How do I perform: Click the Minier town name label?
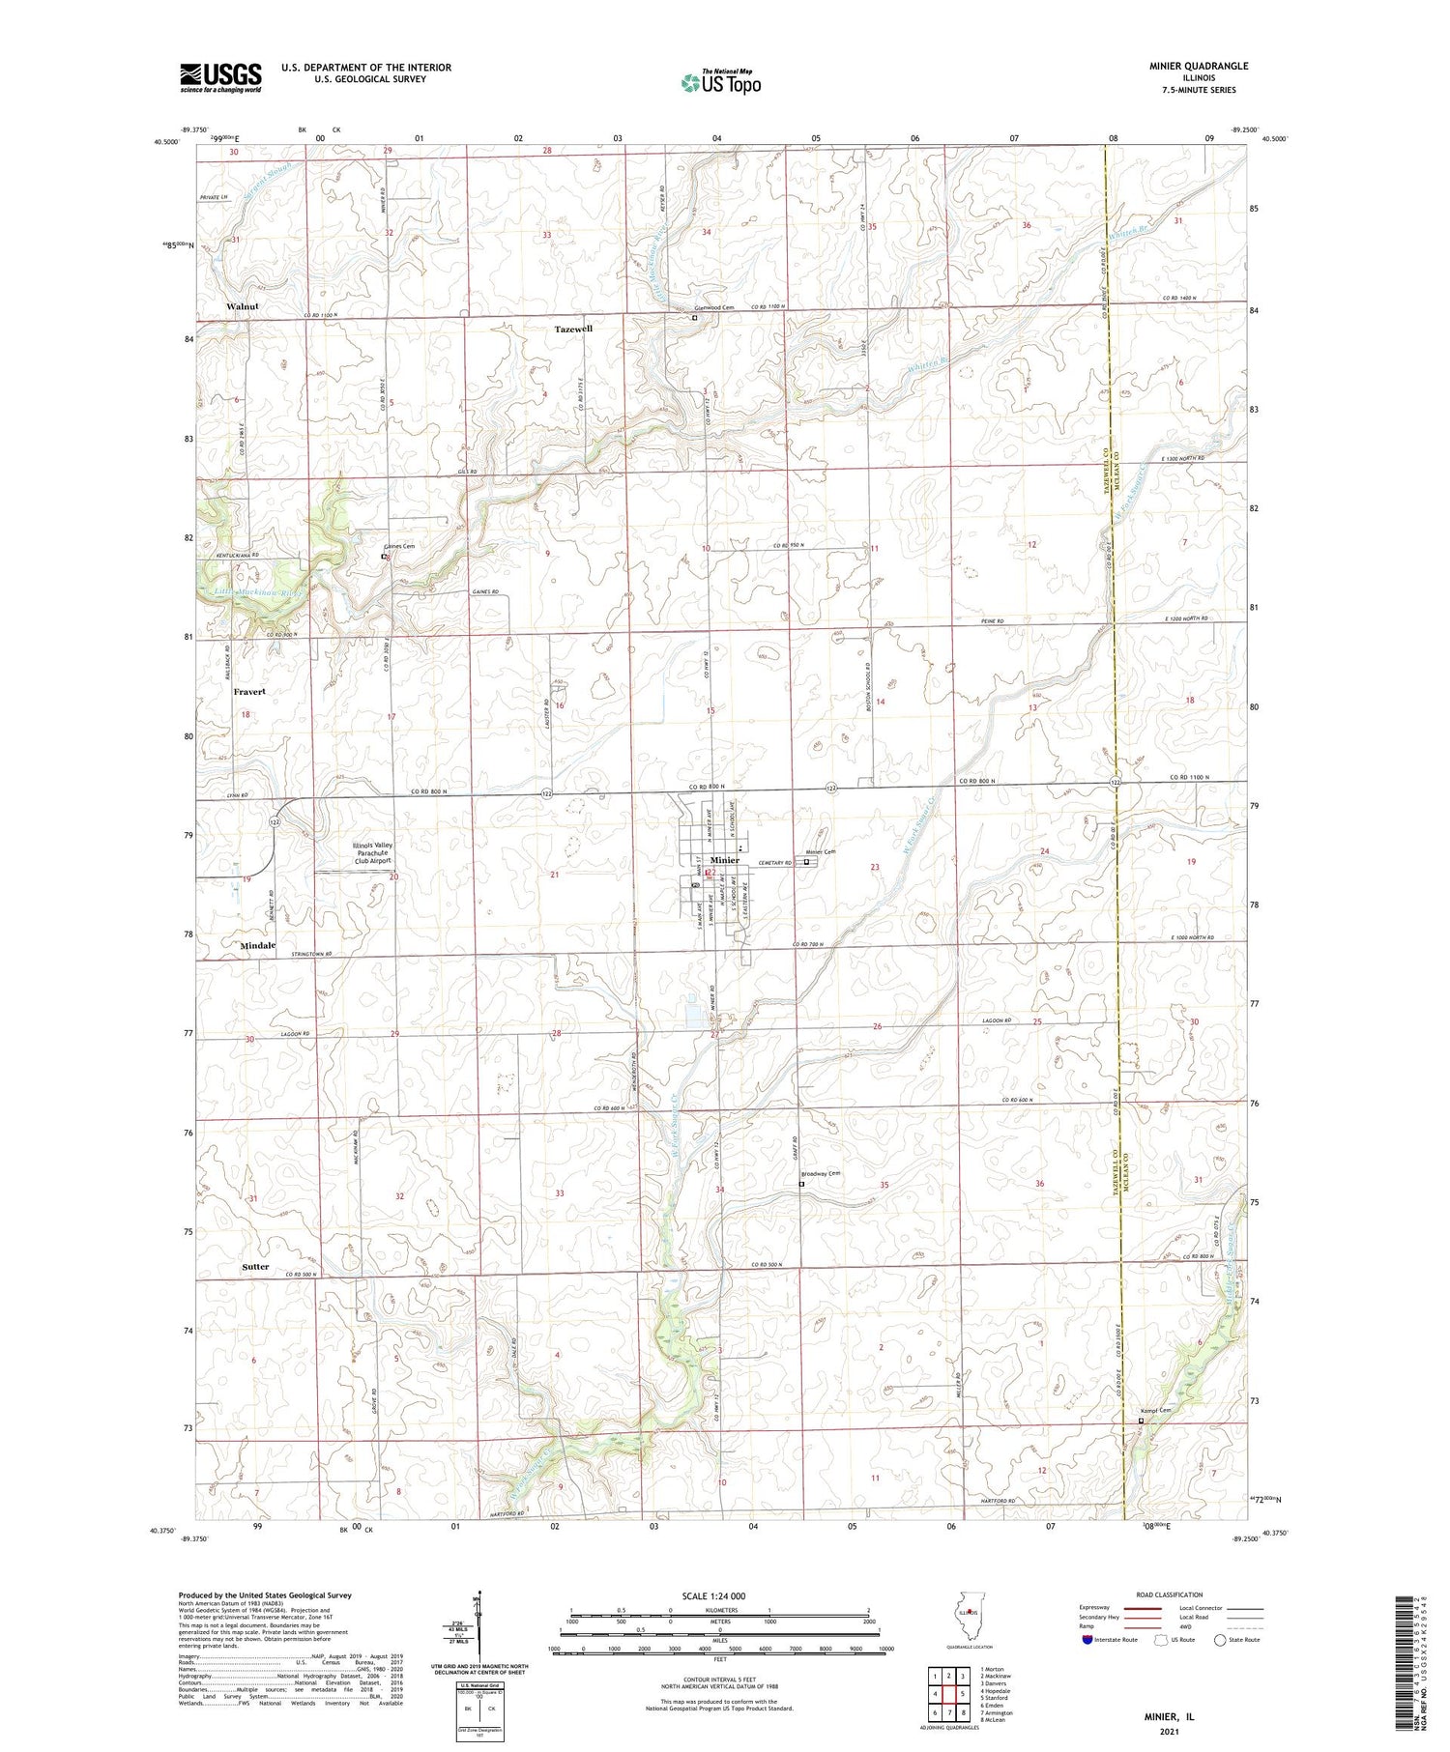coord(724,860)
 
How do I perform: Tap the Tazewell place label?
coord(573,330)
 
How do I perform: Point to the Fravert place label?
coord(248,692)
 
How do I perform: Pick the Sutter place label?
coord(255,1266)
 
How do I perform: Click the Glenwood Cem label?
coord(716,308)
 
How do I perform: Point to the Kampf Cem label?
coord(1156,1410)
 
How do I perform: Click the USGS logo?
coord(220,76)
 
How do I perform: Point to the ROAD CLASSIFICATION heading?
coord(1170,1594)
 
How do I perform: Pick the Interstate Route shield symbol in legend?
coord(1087,1640)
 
